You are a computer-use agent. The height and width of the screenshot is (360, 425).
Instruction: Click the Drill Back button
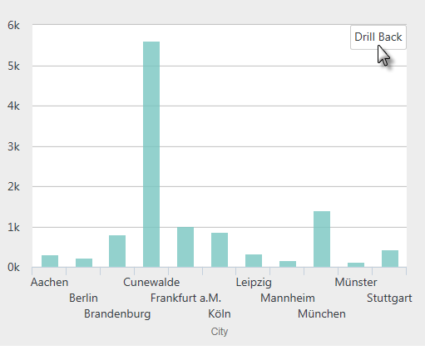378,37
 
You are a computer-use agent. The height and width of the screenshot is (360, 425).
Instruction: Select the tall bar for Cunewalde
151,155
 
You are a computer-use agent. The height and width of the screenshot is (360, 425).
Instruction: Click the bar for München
322,239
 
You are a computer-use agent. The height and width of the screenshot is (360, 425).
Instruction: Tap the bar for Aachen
50,261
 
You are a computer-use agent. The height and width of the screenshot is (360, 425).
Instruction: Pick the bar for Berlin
84,263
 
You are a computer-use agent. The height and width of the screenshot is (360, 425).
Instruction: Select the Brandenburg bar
117,251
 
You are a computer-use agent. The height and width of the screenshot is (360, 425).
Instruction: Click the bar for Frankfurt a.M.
185,247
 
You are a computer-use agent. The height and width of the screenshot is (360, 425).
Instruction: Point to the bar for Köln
220,250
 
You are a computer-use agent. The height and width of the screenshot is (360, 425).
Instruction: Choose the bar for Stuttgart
390,259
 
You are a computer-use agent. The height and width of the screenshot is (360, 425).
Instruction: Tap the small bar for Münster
356,265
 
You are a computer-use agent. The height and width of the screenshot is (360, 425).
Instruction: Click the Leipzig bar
254,261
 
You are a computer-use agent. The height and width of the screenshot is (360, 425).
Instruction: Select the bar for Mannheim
288,264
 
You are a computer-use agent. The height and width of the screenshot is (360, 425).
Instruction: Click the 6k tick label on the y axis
13,26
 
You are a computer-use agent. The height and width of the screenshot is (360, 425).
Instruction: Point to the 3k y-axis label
13,146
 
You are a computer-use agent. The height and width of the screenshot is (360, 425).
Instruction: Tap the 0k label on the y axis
13,268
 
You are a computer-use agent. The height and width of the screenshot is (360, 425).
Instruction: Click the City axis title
220,332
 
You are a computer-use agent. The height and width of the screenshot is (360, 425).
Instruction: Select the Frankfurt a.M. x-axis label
185,298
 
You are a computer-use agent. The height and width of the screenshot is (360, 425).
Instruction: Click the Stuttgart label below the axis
389,298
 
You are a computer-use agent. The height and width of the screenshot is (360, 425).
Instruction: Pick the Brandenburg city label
117,314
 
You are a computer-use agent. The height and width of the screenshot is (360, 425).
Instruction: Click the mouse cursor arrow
383,56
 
